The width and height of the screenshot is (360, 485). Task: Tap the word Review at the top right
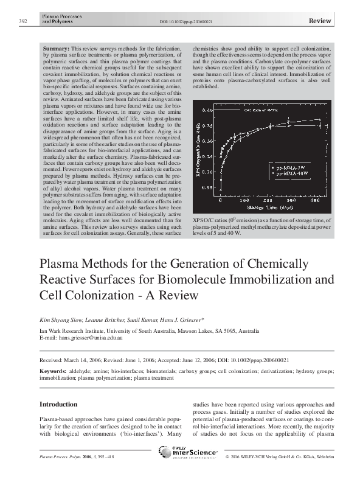[x=320, y=21]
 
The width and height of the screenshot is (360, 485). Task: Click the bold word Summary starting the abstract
[x=56, y=47]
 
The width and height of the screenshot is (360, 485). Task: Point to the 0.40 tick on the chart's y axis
[x=208, y=111]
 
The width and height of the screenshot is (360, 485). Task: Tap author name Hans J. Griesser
[x=183, y=319]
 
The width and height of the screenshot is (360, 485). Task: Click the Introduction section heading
[x=58, y=404]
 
